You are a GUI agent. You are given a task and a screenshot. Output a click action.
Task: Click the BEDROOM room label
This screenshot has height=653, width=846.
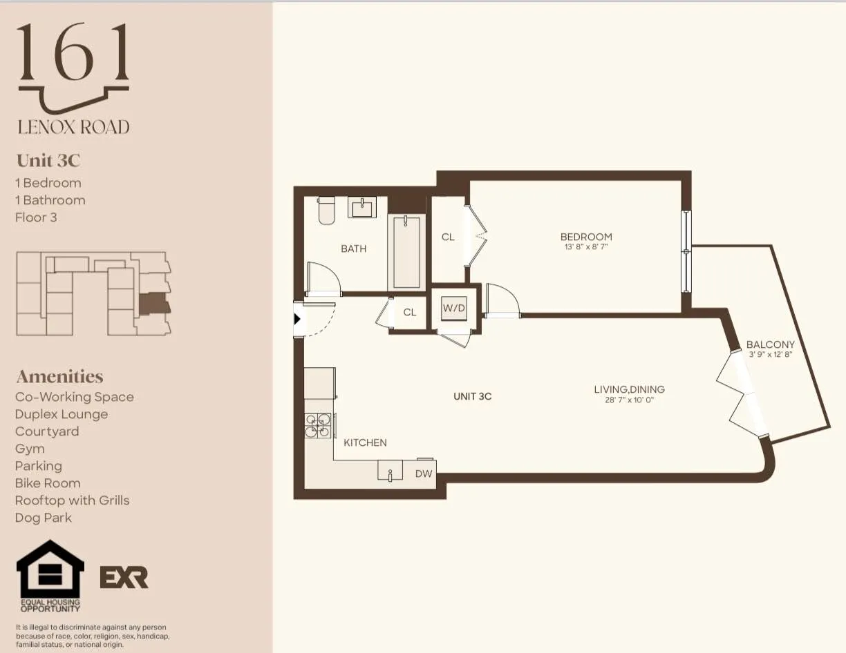click(x=586, y=237)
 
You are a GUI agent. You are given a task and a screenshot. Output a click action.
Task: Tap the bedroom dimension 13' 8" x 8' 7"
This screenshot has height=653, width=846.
click(x=586, y=246)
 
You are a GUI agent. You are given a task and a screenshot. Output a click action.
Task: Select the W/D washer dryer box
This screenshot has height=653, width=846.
click(x=454, y=309)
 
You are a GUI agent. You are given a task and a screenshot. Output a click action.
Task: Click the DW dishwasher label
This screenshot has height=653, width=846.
click(x=423, y=474)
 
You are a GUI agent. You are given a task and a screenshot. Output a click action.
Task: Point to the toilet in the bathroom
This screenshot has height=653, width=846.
click(x=326, y=211)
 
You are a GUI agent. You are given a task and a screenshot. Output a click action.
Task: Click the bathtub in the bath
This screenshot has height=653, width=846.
click(x=406, y=252)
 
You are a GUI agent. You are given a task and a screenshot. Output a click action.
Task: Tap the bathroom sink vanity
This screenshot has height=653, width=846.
click(x=361, y=207)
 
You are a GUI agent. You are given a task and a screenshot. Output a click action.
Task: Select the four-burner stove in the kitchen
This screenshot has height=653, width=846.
click(x=318, y=425)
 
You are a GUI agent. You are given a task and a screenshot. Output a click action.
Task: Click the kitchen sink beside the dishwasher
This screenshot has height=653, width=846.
click(x=390, y=471)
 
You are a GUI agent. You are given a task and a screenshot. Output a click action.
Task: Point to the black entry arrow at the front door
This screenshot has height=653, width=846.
click(x=297, y=319)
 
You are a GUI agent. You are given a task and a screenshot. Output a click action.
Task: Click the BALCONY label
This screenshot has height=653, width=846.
click(x=770, y=344)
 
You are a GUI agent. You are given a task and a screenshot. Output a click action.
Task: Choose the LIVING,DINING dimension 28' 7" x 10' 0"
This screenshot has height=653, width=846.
click(x=629, y=400)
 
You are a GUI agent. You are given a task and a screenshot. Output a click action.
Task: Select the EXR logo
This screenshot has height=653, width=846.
click(x=124, y=577)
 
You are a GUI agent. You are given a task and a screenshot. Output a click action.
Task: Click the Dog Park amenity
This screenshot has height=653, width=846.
click(x=44, y=518)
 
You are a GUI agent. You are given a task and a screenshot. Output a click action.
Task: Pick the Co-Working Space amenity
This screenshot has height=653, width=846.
click(x=75, y=397)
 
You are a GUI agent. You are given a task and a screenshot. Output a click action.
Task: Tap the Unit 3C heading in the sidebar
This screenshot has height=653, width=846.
click(x=48, y=161)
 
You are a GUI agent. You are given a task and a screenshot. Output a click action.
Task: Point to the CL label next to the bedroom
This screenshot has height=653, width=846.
click(x=448, y=237)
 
